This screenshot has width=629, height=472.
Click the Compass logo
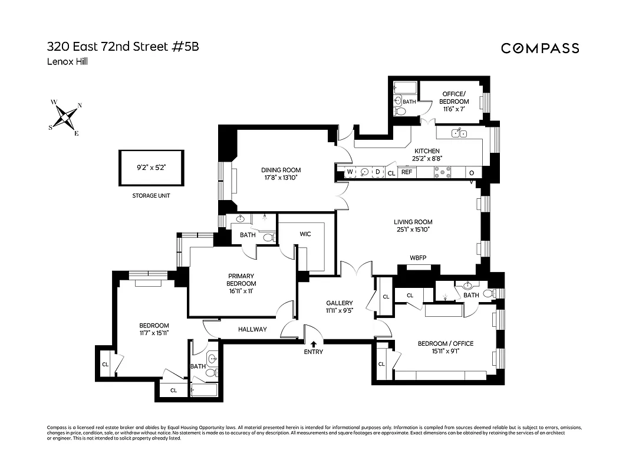tap(540, 48)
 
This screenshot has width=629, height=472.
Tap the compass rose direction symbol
tap(66, 116)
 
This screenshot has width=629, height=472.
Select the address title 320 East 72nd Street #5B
tap(123, 47)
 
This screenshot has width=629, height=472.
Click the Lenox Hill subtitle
tap(67, 62)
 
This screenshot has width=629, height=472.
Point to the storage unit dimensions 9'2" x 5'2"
tap(152, 168)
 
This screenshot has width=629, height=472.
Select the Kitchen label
tap(426, 151)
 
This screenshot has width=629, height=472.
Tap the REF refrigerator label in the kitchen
tap(407, 172)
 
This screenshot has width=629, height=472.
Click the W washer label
tap(350, 172)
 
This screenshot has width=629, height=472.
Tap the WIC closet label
tap(305, 234)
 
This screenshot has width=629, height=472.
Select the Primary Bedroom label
tap(241, 280)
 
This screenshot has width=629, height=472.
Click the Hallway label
tap(252, 329)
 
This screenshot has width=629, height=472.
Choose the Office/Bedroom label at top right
tap(454, 98)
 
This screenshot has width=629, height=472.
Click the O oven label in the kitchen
tap(471, 172)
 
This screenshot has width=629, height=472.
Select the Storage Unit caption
tap(152, 195)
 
